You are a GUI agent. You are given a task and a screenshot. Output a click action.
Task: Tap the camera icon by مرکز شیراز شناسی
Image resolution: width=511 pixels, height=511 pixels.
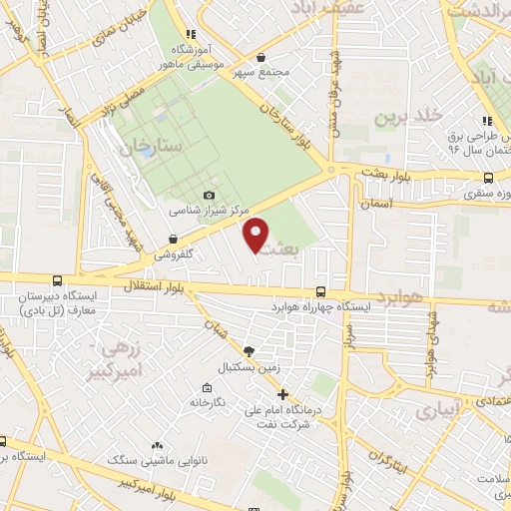[x=209, y=195]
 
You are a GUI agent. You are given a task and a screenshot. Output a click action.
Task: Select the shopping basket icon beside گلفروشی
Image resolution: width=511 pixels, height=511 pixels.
[x=175, y=239]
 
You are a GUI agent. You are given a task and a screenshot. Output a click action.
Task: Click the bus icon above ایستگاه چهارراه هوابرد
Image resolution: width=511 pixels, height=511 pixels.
[x=319, y=291]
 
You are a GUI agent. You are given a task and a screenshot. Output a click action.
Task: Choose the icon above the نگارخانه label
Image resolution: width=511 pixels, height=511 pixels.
[x=207, y=387]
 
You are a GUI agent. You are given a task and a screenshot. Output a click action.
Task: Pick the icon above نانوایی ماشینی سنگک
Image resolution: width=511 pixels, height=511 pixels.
[x=157, y=445]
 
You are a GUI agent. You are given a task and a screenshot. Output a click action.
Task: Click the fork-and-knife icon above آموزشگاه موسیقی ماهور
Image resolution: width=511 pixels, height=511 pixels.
[x=191, y=33]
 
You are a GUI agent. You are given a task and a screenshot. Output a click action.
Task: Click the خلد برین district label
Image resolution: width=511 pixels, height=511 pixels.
[x=407, y=117]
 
